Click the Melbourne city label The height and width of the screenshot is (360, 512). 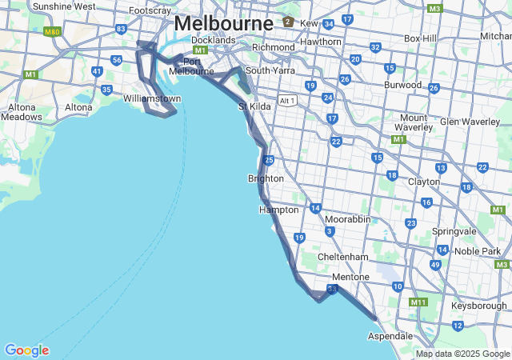tap(223, 23)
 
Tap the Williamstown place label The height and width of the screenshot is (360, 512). tap(152, 98)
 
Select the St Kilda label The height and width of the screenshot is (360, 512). tap(255, 106)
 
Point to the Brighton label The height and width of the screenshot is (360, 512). tap(266, 178)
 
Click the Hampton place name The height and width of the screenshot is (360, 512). tap(278, 210)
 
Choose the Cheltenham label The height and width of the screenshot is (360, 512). tap(342, 257)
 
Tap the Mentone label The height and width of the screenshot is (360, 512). tap(351, 277)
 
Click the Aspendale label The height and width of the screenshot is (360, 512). tap(390, 337)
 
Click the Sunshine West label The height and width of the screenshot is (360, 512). tap(64, 6)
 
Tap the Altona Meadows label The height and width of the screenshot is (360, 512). tap(22, 111)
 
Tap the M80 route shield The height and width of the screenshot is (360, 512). tap(53, 32)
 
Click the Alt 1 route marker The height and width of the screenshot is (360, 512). tap(287, 100)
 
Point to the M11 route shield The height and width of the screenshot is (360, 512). tap(418, 302)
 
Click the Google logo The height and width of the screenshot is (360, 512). tap(26, 350)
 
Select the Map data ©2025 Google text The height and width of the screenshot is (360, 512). tap(462, 354)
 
